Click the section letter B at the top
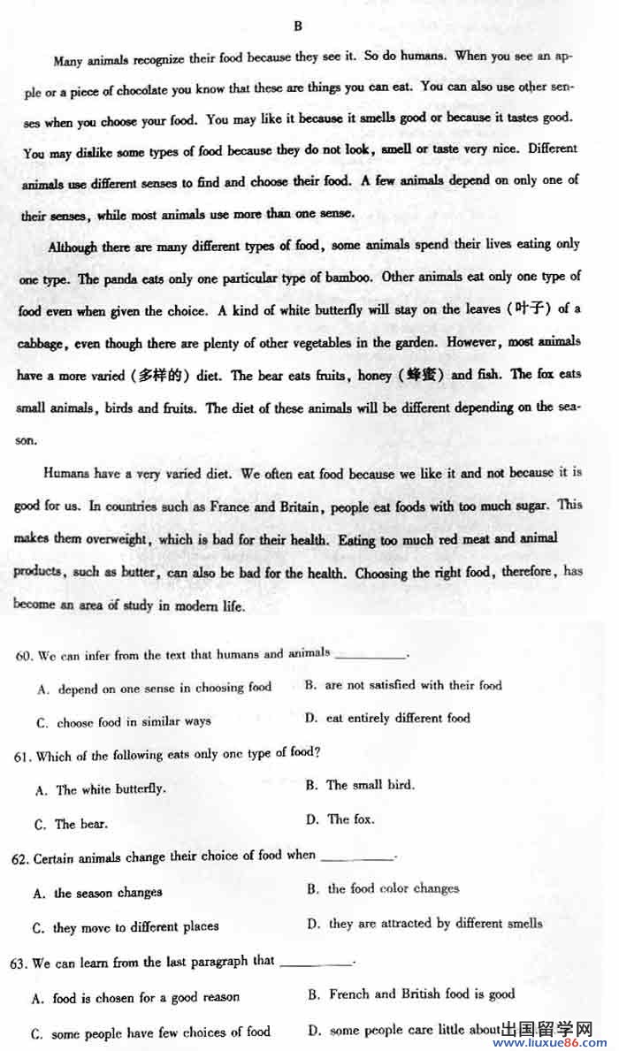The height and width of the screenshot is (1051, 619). click(298, 26)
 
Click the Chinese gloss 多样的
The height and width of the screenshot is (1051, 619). click(160, 375)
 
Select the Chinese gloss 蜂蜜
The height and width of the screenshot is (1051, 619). click(420, 375)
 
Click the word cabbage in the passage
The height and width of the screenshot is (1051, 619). click(42, 343)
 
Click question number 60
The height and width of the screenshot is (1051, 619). click(24, 655)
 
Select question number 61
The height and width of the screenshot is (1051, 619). click(24, 757)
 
